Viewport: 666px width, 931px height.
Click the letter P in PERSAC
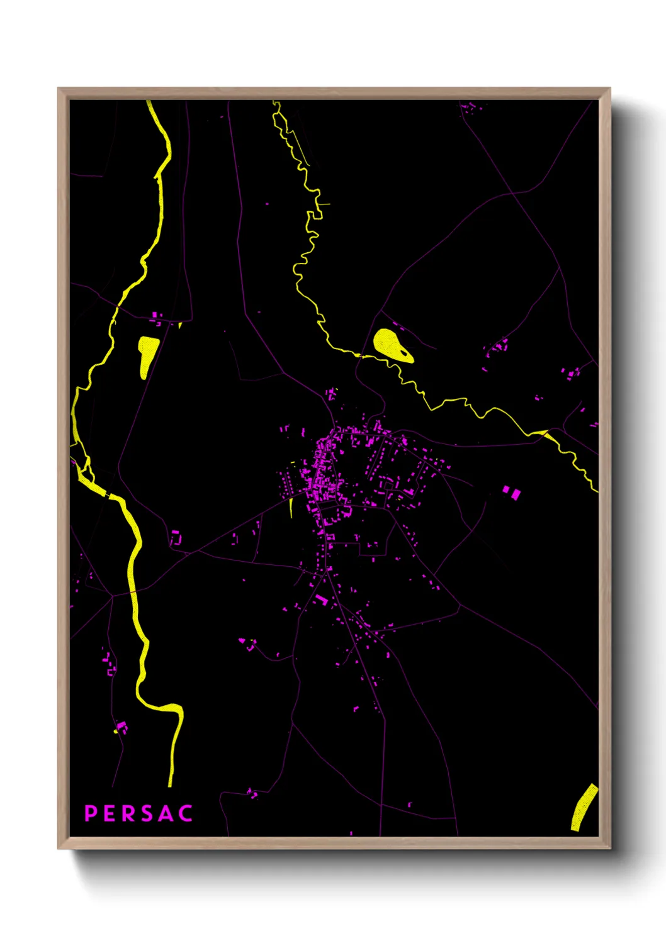91,813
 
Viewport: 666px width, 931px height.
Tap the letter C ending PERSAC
186,813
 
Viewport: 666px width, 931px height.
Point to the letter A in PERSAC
166,813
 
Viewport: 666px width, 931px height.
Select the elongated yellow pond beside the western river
147,355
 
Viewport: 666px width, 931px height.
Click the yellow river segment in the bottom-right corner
584,808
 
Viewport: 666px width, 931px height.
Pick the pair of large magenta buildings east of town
511,492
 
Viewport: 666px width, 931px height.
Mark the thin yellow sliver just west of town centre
291,507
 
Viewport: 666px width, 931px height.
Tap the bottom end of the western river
170,783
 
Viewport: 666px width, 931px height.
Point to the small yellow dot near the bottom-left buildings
115,732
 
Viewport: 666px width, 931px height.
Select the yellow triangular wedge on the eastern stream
541,433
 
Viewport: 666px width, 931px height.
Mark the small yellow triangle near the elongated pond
180,325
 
